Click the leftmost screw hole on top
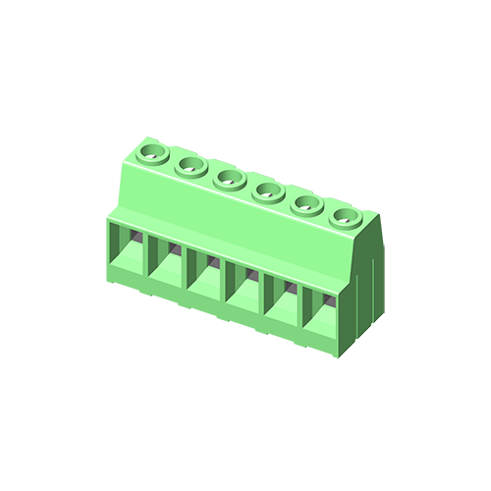click(x=151, y=153)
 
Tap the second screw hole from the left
click(x=189, y=166)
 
